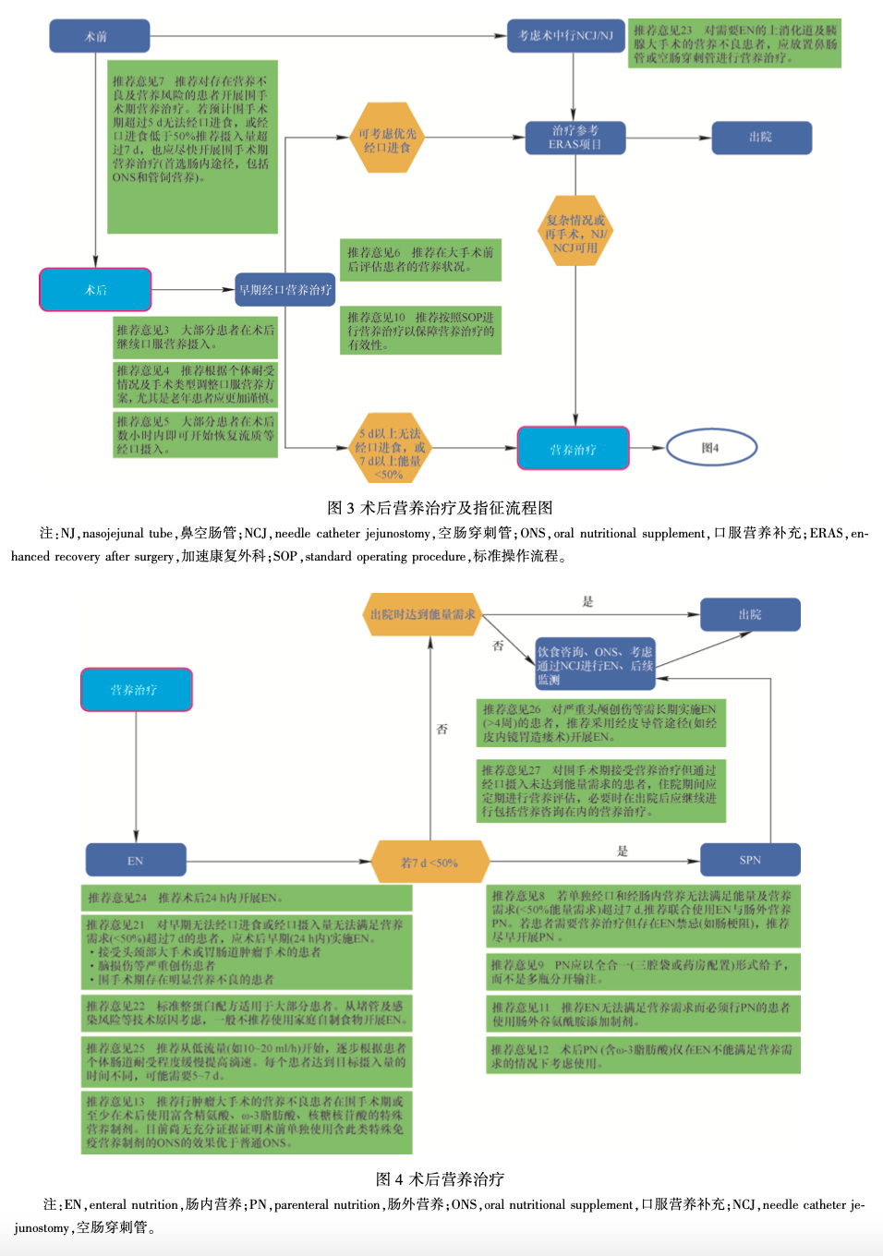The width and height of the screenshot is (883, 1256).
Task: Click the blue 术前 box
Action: tap(99, 36)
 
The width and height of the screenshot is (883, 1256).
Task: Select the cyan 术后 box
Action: tap(95, 290)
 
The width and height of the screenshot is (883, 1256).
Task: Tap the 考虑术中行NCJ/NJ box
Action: tap(565, 36)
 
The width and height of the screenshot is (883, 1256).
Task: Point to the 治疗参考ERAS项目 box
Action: tap(575, 138)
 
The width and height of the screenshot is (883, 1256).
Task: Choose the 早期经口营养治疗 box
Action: tap(284, 290)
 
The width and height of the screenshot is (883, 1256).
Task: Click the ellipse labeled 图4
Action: tap(710, 448)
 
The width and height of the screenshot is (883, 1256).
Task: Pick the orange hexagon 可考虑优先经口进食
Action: tap(388, 139)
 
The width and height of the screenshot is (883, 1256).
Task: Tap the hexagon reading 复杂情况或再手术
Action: tap(575, 233)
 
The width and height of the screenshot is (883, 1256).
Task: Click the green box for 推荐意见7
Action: tap(193, 147)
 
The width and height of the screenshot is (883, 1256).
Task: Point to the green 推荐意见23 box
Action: tap(734, 43)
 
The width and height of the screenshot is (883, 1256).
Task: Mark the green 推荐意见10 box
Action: tap(420, 331)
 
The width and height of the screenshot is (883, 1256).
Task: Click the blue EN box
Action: tap(136, 860)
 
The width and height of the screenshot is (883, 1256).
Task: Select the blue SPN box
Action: tap(749, 860)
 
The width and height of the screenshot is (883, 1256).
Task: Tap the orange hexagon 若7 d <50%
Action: tap(429, 862)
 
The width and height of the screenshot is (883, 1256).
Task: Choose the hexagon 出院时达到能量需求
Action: tap(423, 614)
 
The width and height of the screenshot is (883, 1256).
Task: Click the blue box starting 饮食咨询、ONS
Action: tap(595, 664)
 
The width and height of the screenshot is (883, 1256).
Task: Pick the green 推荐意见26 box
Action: tap(600, 722)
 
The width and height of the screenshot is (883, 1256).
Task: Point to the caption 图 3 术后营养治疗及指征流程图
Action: tap(441, 507)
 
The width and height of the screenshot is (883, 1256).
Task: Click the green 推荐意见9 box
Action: tap(643, 971)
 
